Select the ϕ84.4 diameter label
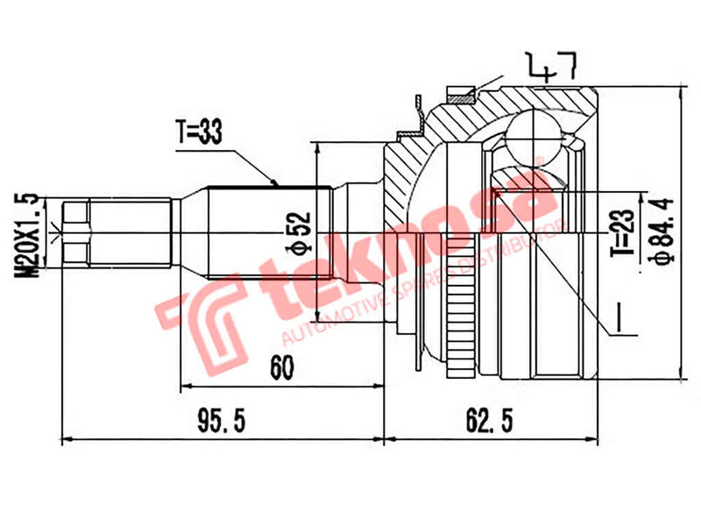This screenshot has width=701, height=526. tap(663, 230)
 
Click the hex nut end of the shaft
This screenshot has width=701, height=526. tap(77, 231)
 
